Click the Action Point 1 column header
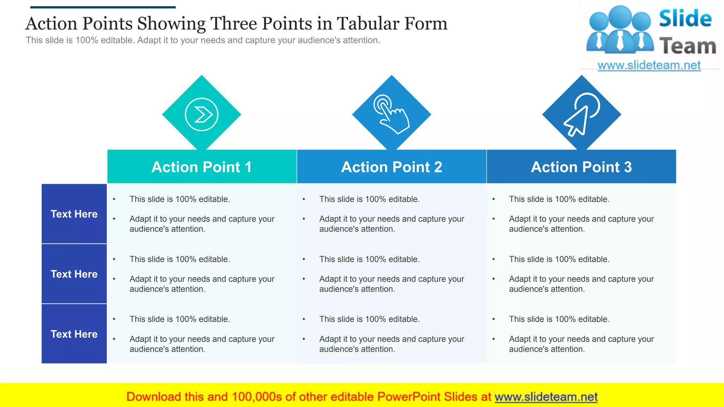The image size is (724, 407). click(x=202, y=167)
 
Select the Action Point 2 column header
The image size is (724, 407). click(x=391, y=167)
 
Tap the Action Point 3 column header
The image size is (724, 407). click(x=581, y=167)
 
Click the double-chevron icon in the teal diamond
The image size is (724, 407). click(x=202, y=114)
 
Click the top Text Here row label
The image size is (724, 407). click(x=74, y=214)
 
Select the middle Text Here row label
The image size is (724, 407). click(x=74, y=274)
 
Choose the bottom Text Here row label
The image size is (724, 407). click(x=74, y=334)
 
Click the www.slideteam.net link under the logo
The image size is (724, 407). click(x=649, y=65)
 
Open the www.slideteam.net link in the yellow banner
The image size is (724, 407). click(x=546, y=397)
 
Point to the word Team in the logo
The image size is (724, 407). click(x=687, y=46)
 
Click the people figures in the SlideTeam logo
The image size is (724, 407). click(x=620, y=30)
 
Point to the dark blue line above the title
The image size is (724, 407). click(x=103, y=7)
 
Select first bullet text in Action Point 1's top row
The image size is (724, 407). click(x=180, y=199)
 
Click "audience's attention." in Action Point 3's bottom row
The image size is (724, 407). click(x=547, y=349)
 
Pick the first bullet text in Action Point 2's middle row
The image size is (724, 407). click(x=369, y=259)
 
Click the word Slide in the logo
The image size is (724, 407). click(x=685, y=19)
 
